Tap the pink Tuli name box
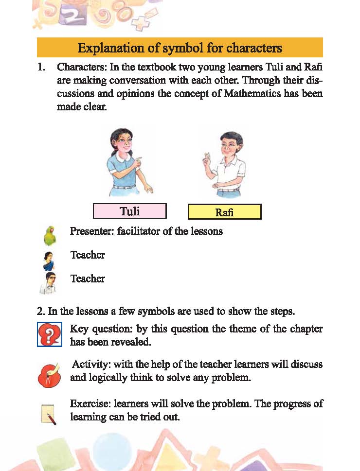click(130, 211)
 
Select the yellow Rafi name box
click(224, 212)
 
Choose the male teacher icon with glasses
click(49, 283)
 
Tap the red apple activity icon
click(49, 374)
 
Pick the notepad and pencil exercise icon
click(49, 415)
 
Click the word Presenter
click(91, 231)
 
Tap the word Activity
click(89, 365)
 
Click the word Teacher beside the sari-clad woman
click(88, 255)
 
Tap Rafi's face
click(226, 145)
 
